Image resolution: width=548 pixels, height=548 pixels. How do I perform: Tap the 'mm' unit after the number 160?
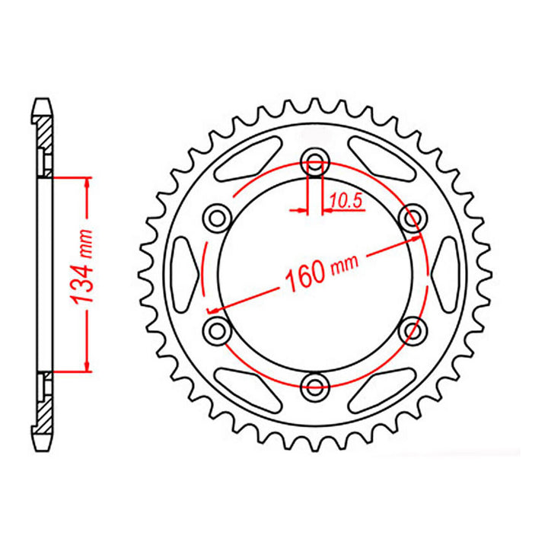345,263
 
